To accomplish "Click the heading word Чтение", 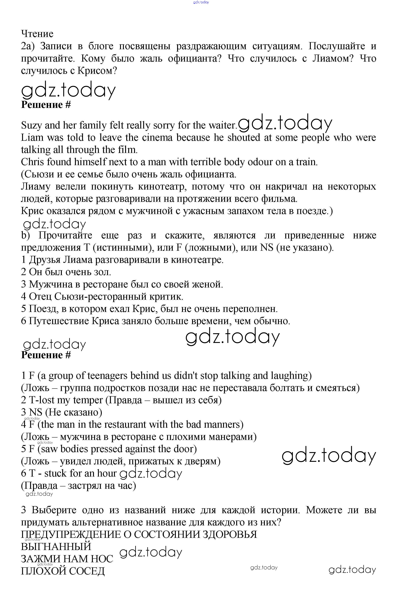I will (x=37, y=34).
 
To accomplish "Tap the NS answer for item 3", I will (x=36, y=412).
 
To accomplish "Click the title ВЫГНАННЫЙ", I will (x=56, y=547).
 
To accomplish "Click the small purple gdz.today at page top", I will (x=201, y=2).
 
